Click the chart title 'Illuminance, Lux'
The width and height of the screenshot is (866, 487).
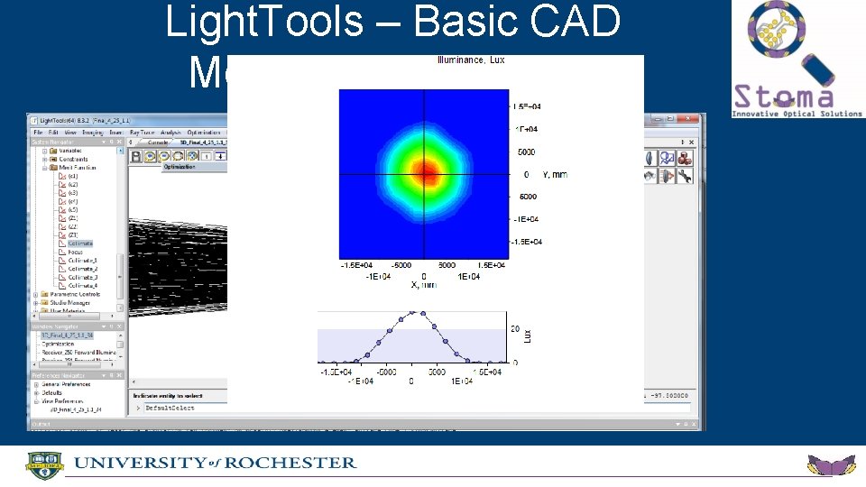[x=471, y=60]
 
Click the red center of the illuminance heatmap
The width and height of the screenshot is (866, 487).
[x=426, y=171]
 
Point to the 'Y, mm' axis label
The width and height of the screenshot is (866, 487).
[x=554, y=174]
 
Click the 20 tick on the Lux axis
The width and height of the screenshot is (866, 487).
[x=514, y=329]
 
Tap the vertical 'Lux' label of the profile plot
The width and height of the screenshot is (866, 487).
[x=529, y=335]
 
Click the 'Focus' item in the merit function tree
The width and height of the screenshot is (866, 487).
[x=77, y=253]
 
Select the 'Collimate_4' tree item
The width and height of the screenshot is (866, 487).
[x=83, y=286]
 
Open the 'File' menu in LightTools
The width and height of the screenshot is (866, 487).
[x=39, y=132]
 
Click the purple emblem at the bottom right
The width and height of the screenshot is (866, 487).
[x=831, y=465]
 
